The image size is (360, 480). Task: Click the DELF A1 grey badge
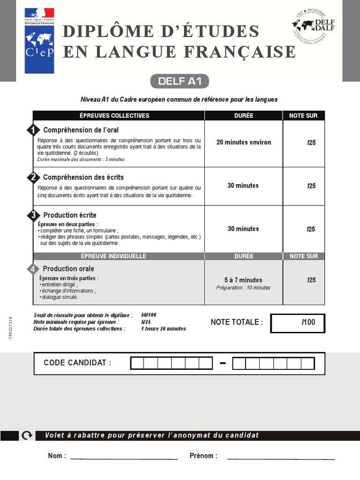(x=180, y=81)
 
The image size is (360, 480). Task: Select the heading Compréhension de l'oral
(x=81, y=130)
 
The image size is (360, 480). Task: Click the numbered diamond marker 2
(x=33, y=177)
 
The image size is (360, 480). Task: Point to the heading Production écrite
(x=70, y=215)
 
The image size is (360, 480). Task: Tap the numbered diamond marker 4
(x=33, y=269)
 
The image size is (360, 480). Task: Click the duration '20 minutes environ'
(x=243, y=142)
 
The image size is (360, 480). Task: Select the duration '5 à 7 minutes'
(x=243, y=280)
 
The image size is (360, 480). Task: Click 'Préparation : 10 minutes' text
(x=243, y=288)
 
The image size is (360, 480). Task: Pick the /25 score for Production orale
(x=311, y=280)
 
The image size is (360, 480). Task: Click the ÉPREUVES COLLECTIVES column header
(x=119, y=116)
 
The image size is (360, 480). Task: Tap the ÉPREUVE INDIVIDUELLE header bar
(x=119, y=256)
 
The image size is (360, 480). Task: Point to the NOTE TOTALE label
(x=237, y=322)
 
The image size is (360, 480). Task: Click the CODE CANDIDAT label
(x=77, y=363)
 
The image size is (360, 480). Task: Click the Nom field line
(x=124, y=458)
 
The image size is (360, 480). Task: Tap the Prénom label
(x=203, y=456)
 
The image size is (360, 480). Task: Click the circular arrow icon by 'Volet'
(x=27, y=435)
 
